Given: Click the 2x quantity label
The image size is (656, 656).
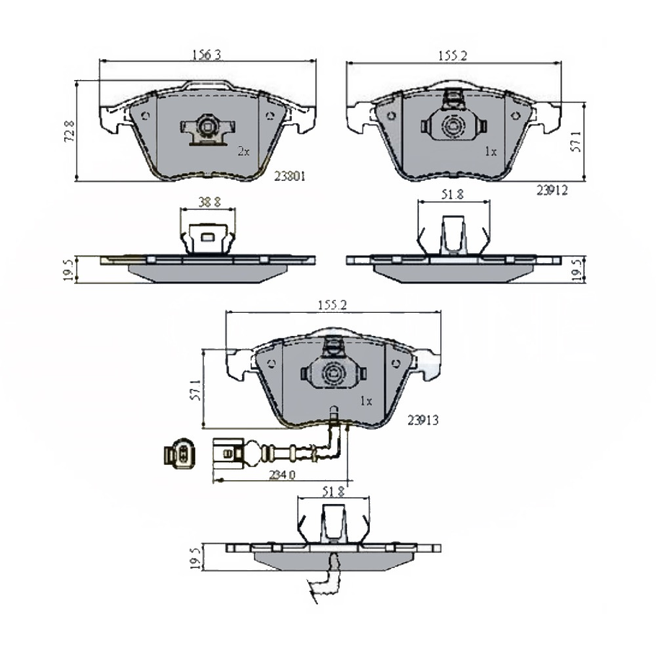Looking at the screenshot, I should [x=243, y=152].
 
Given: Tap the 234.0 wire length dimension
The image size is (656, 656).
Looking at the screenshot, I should [x=281, y=475].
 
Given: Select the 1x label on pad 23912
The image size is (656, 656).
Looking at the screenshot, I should [x=491, y=152].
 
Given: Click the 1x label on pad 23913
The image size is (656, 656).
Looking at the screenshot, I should [x=365, y=401].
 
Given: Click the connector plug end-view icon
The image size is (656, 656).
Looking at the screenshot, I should [x=179, y=454].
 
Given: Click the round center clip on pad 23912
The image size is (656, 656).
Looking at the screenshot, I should [x=454, y=128].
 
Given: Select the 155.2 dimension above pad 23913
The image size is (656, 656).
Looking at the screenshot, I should [x=332, y=305].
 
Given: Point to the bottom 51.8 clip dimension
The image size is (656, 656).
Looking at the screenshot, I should [x=332, y=492].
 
